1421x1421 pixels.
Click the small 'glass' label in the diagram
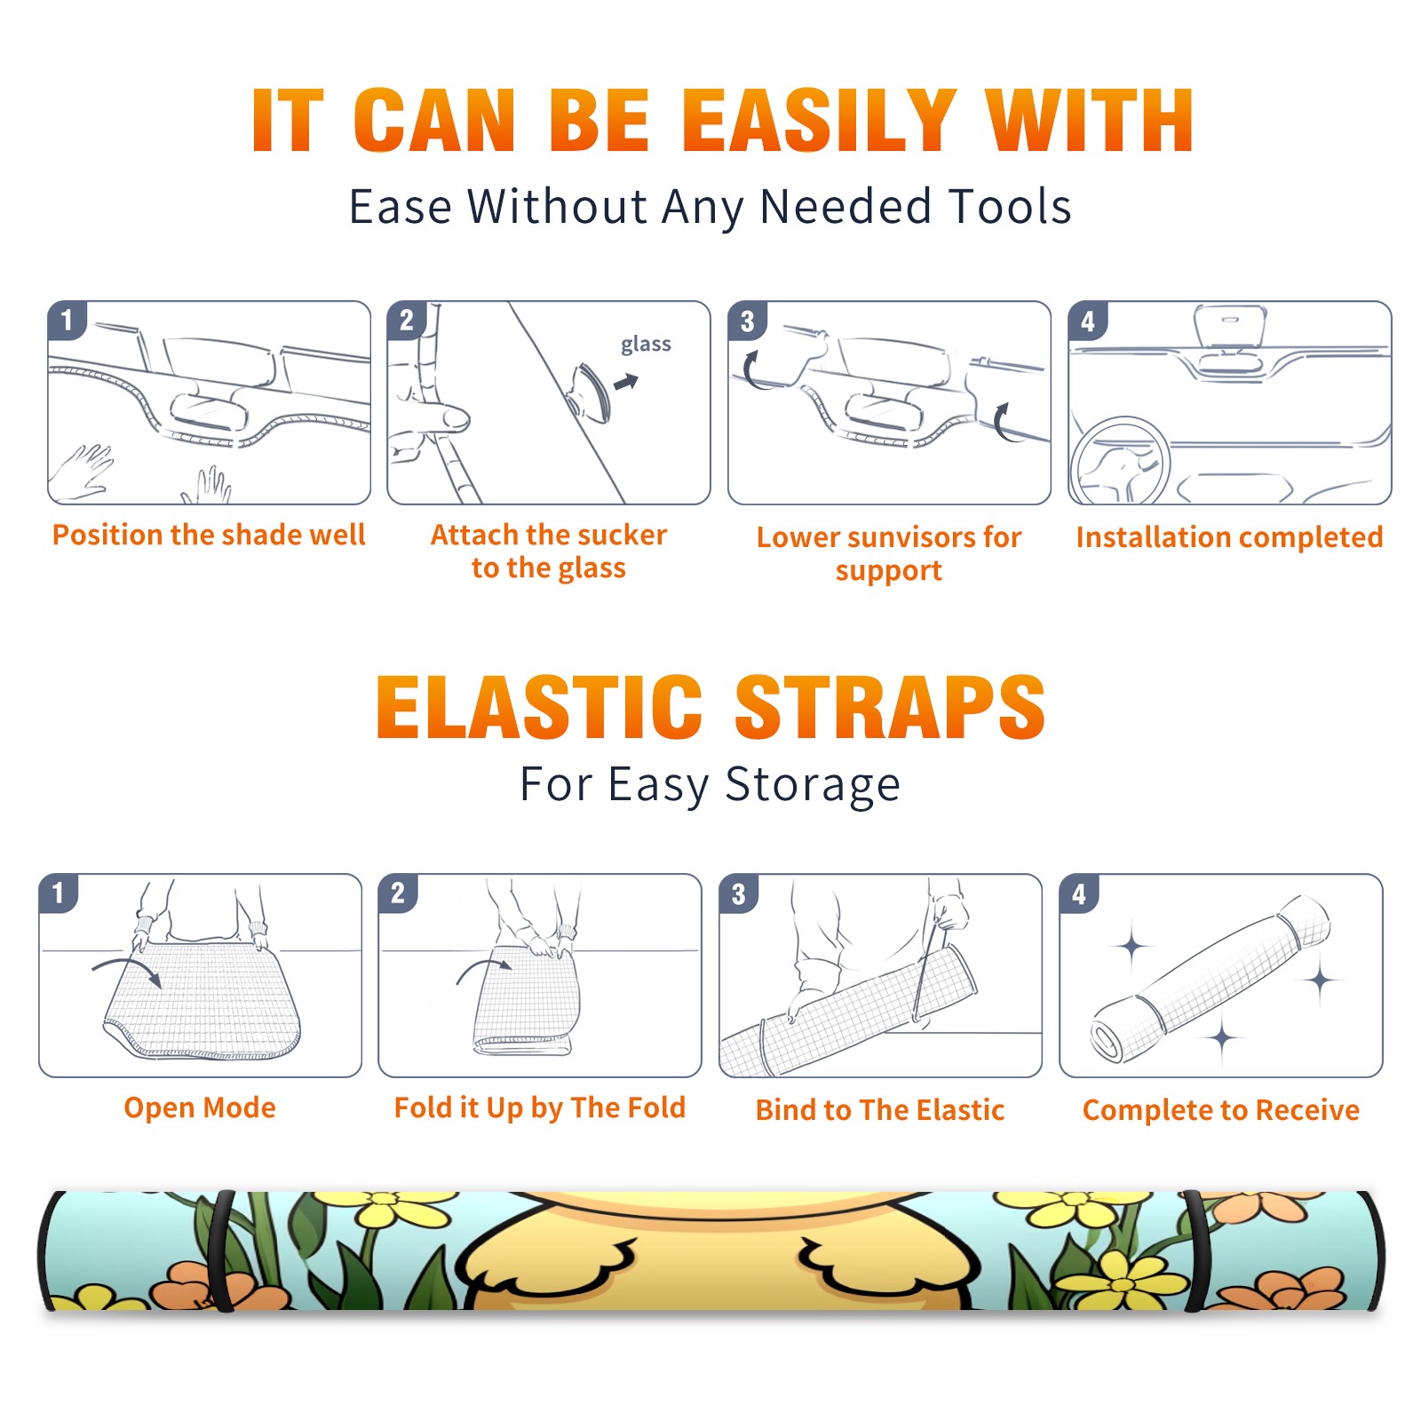(x=646, y=345)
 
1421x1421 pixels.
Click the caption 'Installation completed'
(x=1229, y=537)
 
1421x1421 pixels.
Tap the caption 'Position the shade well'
(x=209, y=535)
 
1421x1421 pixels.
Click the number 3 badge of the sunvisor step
(x=747, y=321)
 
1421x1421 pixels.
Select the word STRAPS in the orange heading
(x=890, y=707)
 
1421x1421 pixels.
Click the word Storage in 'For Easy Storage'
(x=813, y=785)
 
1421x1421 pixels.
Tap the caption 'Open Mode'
(x=200, y=1107)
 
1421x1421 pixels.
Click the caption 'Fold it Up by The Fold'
(x=540, y=1107)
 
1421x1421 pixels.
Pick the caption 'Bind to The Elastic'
(x=880, y=1110)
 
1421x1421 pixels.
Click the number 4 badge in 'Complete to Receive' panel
(x=1079, y=893)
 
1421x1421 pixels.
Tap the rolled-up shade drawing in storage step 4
(x=1211, y=977)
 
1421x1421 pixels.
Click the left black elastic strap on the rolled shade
(x=222, y=1250)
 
